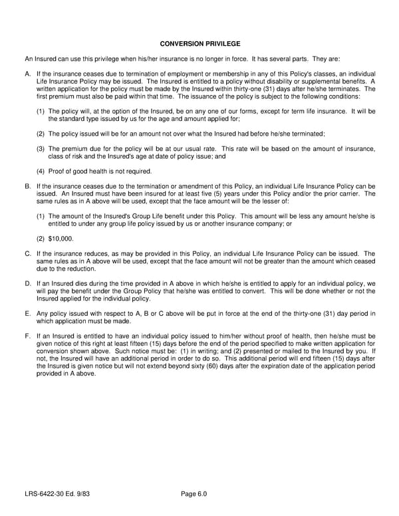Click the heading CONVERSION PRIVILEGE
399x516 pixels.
click(200, 44)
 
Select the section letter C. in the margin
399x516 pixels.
click(27, 254)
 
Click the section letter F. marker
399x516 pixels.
click(27, 336)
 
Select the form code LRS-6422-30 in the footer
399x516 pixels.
click(50, 493)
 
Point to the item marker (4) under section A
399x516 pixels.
click(41, 171)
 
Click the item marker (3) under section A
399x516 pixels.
click(41, 149)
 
